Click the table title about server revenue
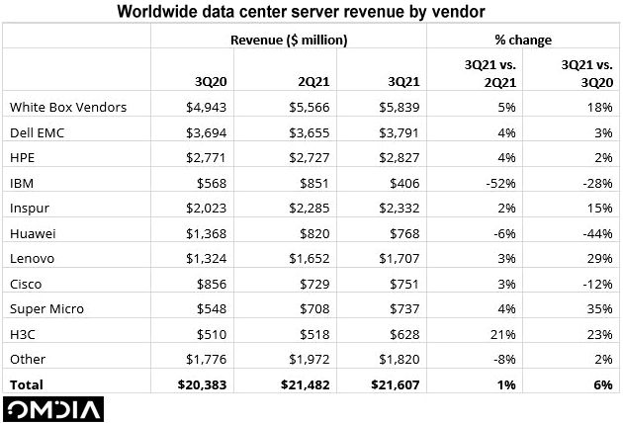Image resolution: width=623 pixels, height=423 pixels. click(x=311, y=12)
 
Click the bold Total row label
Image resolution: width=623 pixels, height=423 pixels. click(x=25, y=383)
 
